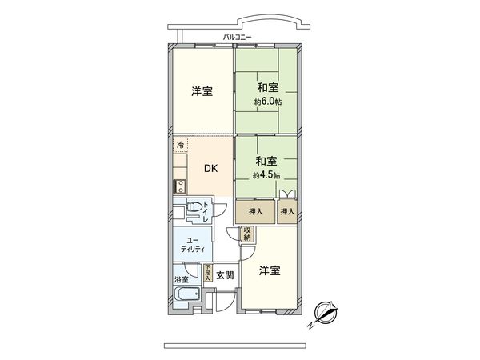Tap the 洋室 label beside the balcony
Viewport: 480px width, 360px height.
pyautogui.click(x=202, y=91)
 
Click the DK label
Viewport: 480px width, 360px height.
pyautogui.click(x=210, y=169)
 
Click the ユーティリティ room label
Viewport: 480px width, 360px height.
pyautogui.click(x=192, y=245)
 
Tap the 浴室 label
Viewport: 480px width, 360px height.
pyautogui.click(x=182, y=279)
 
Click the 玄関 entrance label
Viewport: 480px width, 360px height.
pyautogui.click(x=225, y=275)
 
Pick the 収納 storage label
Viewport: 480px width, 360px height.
pyautogui.click(x=248, y=234)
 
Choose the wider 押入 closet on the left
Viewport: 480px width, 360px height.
pyautogui.click(x=254, y=212)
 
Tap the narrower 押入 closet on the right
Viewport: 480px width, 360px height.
pyautogui.click(x=286, y=212)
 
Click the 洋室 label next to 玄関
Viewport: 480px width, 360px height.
pyautogui.click(x=270, y=271)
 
